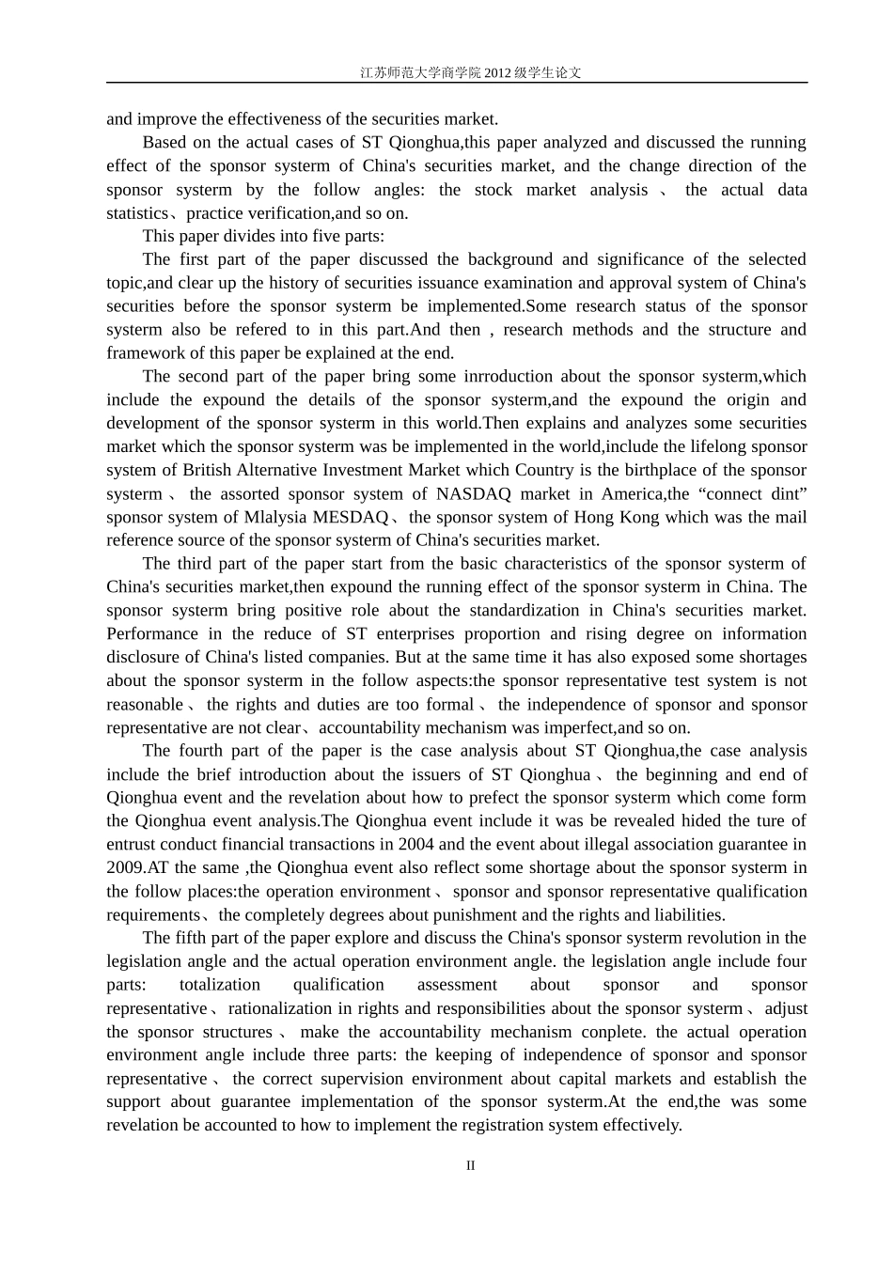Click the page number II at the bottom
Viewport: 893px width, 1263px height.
(x=470, y=1165)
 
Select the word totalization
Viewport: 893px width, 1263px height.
(x=220, y=984)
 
